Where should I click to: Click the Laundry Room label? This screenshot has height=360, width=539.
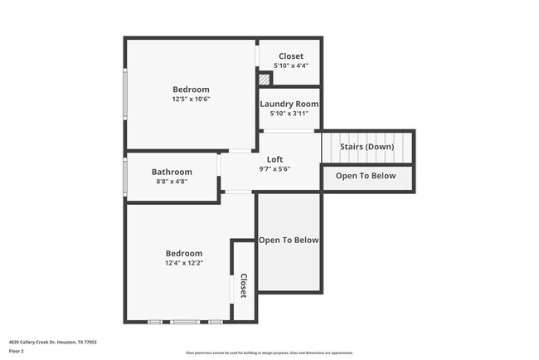coord(289,104)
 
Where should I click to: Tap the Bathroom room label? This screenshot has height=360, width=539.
coord(172,172)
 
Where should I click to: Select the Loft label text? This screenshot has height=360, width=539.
coord(274,159)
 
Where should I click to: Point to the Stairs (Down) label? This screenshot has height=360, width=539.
coord(367,147)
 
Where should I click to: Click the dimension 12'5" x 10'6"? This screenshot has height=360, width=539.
coord(191,99)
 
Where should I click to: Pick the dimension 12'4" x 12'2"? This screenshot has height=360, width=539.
coord(184,263)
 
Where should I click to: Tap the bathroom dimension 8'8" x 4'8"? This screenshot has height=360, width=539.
coord(172,181)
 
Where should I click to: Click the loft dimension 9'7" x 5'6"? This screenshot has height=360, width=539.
coord(274,168)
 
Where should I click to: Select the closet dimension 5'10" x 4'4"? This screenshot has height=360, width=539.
coord(290,66)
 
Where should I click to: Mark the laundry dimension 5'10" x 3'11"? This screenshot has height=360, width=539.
coord(289,114)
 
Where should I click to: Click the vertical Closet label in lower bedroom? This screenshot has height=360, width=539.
coord(243,285)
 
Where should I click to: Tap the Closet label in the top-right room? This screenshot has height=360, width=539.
coord(290,56)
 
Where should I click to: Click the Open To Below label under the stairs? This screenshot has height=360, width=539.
coord(366,175)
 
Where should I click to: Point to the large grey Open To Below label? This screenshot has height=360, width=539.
coord(289,240)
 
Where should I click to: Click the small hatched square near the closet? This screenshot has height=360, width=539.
coord(264,80)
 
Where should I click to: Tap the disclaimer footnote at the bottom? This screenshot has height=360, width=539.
coord(269,352)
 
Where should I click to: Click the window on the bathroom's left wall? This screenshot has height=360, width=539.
coord(125,175)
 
